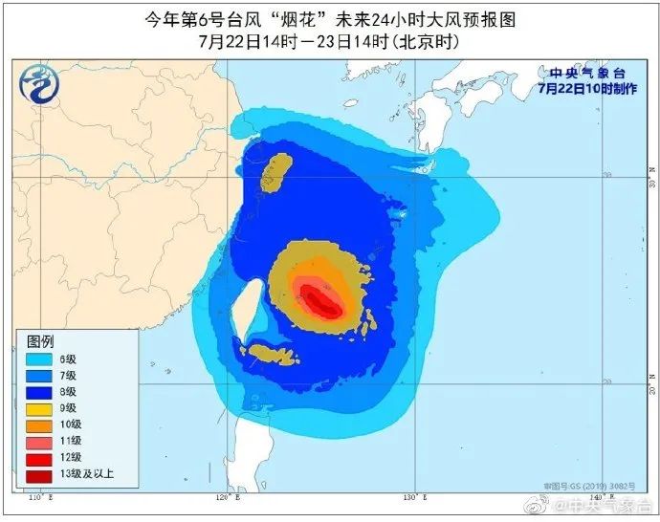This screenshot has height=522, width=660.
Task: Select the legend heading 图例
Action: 39,341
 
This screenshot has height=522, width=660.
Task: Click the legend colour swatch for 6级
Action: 39,359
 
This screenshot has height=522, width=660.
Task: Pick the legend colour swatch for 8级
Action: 39,392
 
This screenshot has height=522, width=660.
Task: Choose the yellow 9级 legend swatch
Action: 39,409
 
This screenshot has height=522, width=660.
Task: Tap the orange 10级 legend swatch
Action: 39,426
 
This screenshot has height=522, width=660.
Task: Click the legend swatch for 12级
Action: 39,460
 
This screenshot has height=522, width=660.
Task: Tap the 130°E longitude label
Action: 412,498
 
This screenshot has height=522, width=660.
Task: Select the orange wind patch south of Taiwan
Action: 275,355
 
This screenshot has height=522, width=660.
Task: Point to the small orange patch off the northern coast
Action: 277,163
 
